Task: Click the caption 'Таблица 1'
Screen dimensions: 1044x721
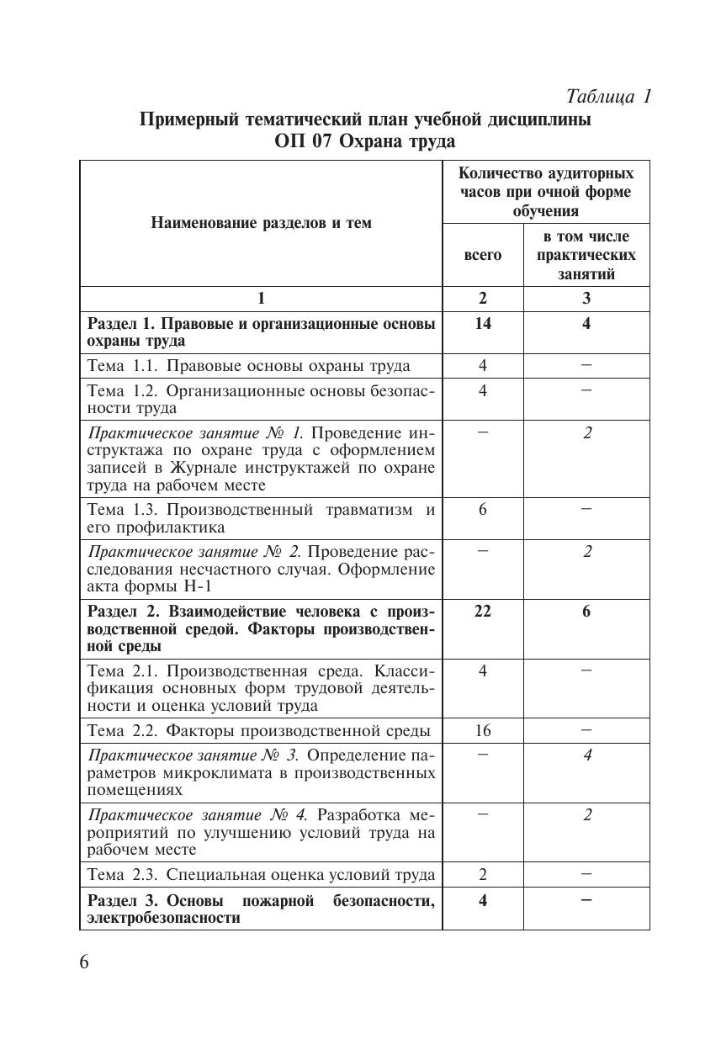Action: (x=609, y=96)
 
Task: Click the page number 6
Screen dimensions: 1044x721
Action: (x=84, y=962)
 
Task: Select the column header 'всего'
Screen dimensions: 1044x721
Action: (x=483, y=255)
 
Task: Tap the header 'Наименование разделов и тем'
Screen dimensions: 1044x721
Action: (x=261, y=223)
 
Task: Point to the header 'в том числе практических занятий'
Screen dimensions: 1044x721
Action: (x=586, y=255)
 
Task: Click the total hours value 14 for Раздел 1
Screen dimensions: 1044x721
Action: (x=483, y=323)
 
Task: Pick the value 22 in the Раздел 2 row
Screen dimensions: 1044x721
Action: (x=483, y=611)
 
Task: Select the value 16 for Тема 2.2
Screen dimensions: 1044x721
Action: (x=483, y=730)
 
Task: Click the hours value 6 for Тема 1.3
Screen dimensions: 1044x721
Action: (x=483, y=509)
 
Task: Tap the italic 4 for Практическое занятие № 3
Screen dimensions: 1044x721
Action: (x=586, y=755)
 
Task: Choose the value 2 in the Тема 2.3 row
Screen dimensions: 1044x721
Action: (x=483, y=874)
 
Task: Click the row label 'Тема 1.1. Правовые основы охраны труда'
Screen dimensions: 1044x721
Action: (x=249, y=365)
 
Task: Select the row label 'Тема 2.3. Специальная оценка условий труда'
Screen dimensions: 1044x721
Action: (x=262, y=874)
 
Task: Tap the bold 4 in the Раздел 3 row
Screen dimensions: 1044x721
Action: (x=483, y=900)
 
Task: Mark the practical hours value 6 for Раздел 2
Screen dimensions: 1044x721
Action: (x=586, y=611)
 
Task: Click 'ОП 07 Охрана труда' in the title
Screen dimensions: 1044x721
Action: (x=364, y=140)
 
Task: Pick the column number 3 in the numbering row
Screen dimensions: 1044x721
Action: (x=586, y=298)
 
